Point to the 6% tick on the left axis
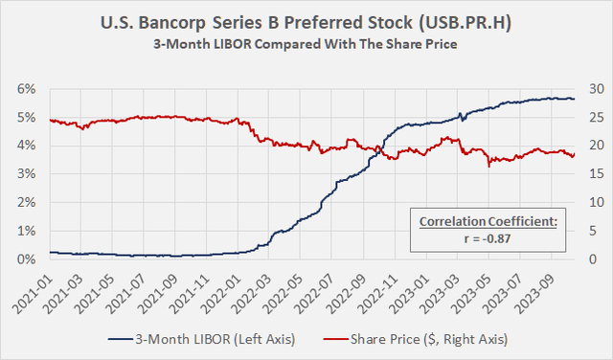[x=27, y=89]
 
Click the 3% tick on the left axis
[x=27, y=174]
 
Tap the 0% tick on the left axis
[x=27, y=259]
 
